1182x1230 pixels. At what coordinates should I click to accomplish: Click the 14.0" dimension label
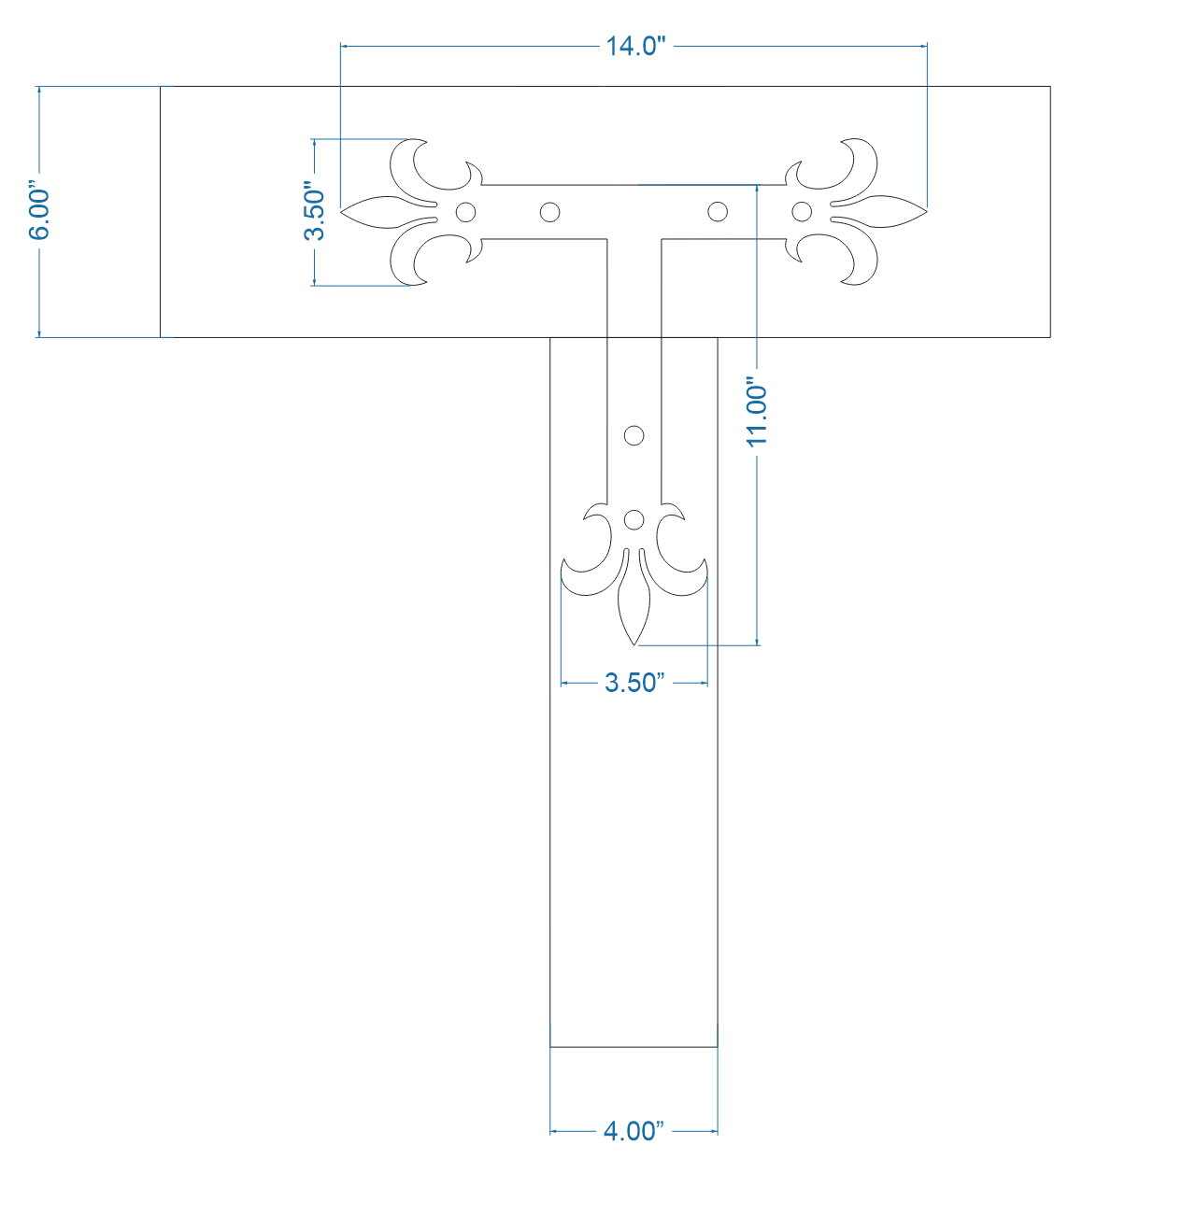click(x=634, y=46)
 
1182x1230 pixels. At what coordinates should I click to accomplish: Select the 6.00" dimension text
click(x=40, y=212)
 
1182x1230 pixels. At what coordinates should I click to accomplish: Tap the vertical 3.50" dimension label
click(x=315, y=213)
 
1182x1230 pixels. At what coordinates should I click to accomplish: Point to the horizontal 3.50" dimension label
click(x=634, y=683)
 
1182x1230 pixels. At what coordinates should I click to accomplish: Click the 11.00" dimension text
click(x=757, y=412)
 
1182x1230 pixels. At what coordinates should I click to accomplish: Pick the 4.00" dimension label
click(x=634, y=1131)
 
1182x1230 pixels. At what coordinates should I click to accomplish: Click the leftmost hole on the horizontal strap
click(x=465, y=212)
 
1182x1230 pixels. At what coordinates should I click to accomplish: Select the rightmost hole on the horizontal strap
click(x=802, y=212)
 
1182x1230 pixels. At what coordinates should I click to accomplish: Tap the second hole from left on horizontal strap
click(x=550, y=212)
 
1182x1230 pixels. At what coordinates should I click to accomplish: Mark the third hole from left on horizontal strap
click(x=718, y=212)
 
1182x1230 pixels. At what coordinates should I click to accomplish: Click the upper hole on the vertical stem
click(x=634, y=435)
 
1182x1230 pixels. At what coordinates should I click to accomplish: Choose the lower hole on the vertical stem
click(x=634, y=519)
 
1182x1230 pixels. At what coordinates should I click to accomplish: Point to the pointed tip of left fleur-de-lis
click(x=342, y=212)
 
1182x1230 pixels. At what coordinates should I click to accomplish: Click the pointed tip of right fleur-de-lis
click(x=925, y=212)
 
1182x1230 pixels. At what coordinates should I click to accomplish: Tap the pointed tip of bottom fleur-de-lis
click(x=634, y=643)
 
